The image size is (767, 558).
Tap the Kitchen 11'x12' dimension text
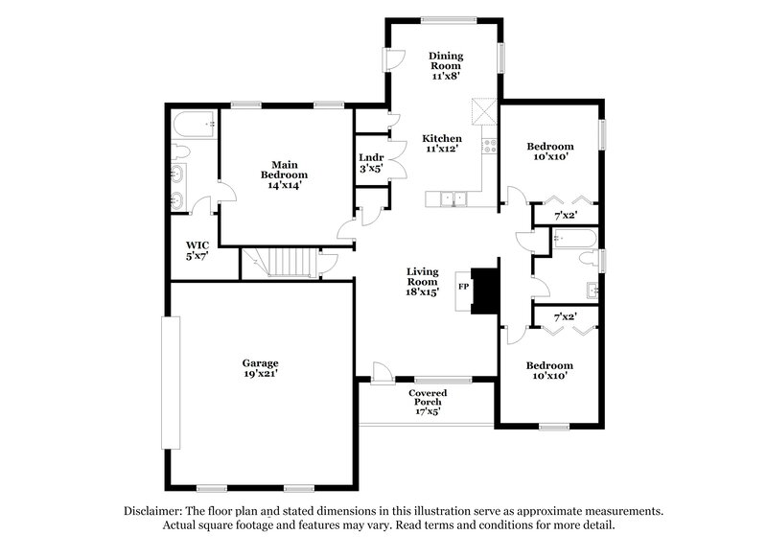point(442,149)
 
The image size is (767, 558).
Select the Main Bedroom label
point(284,170)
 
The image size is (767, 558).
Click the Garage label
point(260,363)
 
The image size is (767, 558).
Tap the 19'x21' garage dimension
point(260,375)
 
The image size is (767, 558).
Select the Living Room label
point(423,277)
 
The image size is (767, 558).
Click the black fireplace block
point(488,289)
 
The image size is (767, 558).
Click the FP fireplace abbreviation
point(463,287)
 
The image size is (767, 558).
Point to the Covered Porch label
point(426,400)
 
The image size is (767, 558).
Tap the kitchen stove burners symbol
point(488,147)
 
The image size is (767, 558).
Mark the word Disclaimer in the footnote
point(152,511)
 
